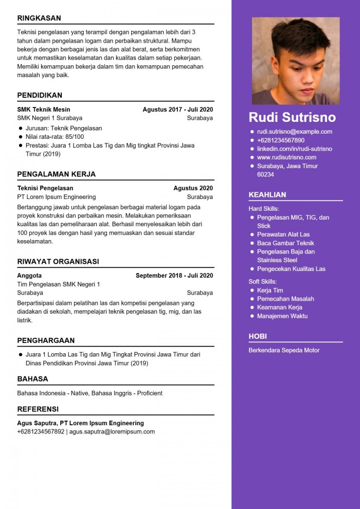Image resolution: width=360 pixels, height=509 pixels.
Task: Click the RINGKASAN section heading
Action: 39,18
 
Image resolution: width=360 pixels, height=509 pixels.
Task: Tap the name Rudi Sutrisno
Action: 292,117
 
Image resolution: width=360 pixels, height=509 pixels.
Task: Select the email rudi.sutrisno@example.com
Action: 295,132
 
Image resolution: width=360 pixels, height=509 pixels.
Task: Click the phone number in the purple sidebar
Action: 281,140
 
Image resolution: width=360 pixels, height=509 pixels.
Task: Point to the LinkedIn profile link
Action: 295,149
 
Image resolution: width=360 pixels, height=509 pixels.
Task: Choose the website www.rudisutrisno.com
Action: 286,157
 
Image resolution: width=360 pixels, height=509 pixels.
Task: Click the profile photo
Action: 296,61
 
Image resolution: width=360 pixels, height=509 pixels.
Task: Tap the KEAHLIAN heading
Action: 267,195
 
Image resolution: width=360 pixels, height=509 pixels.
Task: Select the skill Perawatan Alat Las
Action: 283,234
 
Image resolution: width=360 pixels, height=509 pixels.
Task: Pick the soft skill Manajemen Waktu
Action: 282,316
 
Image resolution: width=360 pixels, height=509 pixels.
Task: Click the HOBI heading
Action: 258,336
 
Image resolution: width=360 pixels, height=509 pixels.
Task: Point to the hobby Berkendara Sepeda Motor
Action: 284,350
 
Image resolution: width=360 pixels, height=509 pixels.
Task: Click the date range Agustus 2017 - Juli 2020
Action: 177,110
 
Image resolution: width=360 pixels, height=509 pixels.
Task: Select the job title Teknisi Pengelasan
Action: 45,188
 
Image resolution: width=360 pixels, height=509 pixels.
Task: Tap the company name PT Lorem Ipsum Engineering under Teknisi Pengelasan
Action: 57,197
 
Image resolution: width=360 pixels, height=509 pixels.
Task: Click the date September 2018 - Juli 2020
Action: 174,276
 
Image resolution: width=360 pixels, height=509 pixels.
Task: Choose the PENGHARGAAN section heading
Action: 46,340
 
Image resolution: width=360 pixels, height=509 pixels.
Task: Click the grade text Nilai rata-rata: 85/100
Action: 55,137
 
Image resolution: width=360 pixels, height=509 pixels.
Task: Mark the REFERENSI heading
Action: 38,409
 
